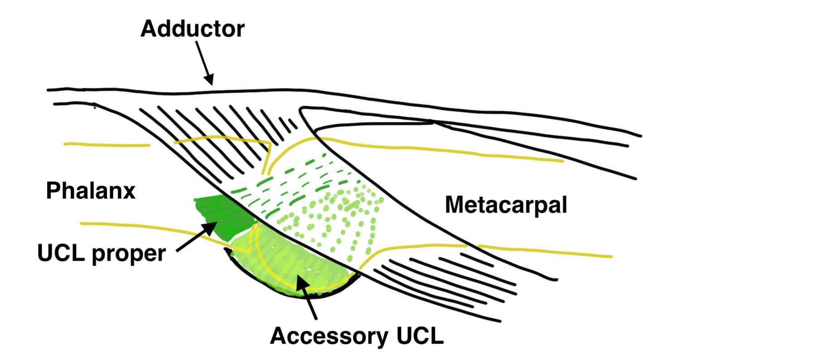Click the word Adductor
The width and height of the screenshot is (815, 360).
point(192,29)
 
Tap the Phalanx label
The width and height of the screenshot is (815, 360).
point(91,190)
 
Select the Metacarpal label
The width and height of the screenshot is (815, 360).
point(506,205)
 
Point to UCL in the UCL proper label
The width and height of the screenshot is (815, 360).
point(61,253)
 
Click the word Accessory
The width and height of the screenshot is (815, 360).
point(329,336)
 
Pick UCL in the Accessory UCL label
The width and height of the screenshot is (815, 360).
point(419,336)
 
